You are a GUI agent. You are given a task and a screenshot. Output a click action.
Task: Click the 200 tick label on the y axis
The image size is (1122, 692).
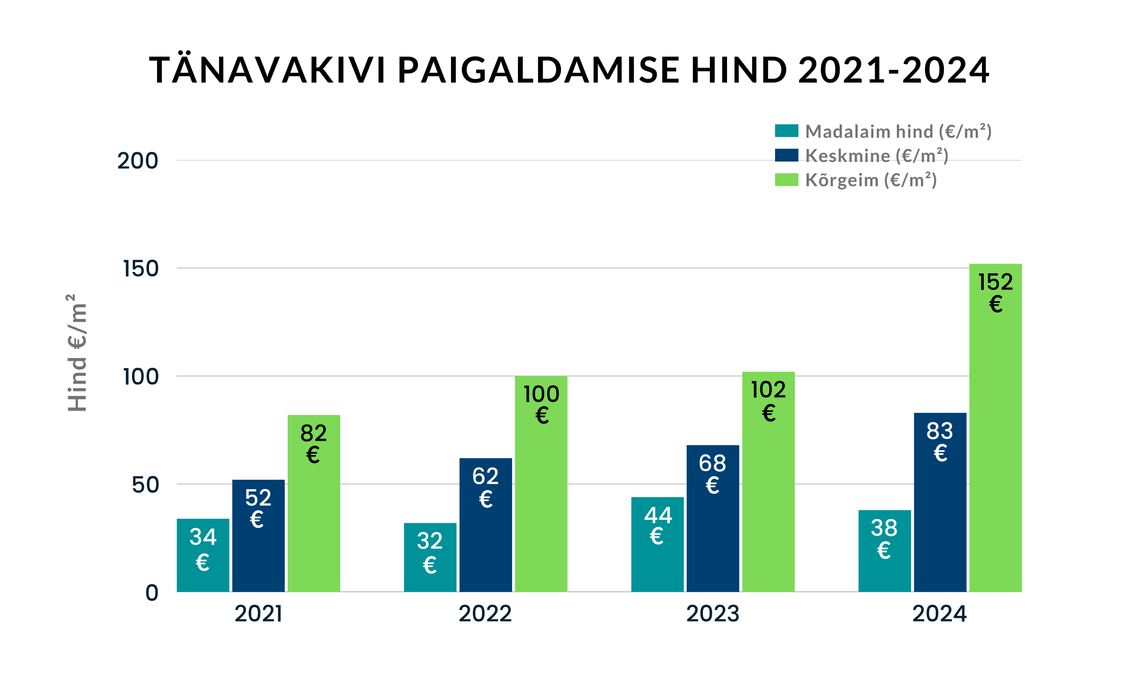click(x=138, y=161)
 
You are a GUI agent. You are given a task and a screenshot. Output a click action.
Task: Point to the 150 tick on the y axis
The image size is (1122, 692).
click(x=140, y=269)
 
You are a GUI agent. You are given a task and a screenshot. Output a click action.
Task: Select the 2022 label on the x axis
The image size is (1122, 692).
click(x=485, y=614)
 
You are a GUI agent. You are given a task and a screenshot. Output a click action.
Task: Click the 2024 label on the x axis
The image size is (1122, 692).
click(x=939, y=614)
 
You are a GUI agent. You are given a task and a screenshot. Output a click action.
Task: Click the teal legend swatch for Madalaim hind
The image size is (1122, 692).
click(x=786, y=131)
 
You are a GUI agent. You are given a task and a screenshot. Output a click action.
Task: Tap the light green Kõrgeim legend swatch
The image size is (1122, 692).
click(x=786, y=180)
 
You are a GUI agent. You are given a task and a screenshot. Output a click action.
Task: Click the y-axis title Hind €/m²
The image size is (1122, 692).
click(x=77, y=352)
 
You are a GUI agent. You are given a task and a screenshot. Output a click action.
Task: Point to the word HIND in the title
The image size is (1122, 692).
click(x=739, y=70)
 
